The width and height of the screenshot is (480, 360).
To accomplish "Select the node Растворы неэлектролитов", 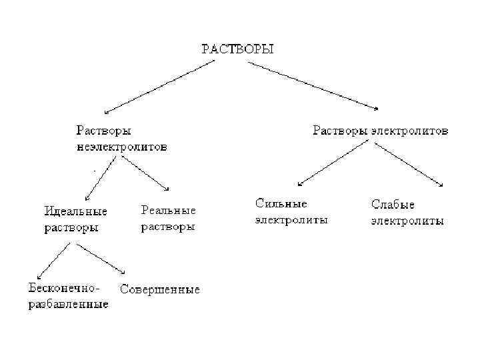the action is click(121, 137).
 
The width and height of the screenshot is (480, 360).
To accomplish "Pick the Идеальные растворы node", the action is click(75, 219).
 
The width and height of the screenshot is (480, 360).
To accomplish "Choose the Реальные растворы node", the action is click(168, 218).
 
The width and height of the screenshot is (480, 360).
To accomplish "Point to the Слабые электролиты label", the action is click(407, 212).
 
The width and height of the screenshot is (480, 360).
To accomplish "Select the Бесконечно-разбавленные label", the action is click(68, 296).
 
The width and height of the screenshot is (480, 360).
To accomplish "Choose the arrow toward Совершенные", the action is click(101, 259).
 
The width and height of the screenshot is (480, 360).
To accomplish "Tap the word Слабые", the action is click(393, 204).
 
